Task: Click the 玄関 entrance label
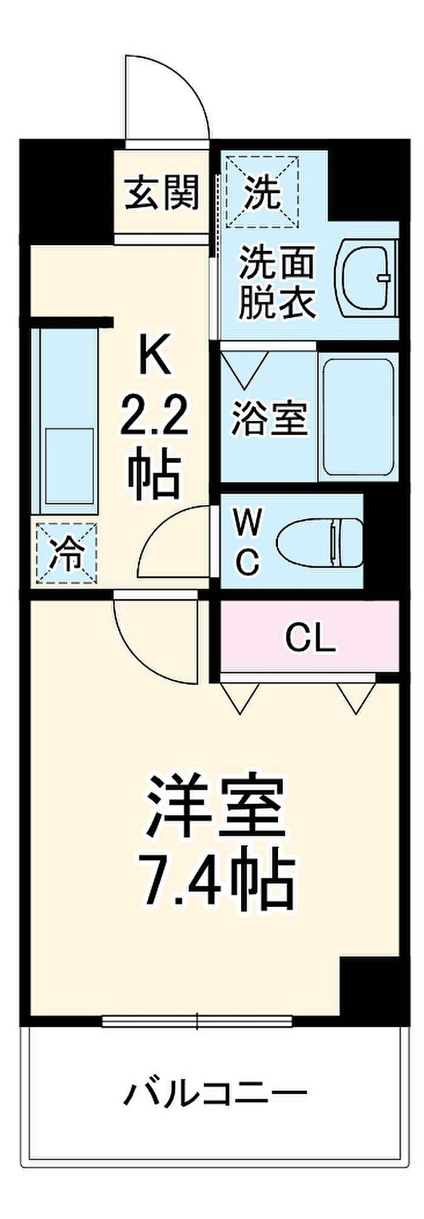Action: point(162,193)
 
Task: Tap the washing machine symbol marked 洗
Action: point(262,191)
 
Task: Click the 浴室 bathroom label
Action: point(270,417)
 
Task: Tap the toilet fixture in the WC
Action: point(318,541)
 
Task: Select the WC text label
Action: point(248,541)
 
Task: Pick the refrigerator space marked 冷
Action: point(66,554)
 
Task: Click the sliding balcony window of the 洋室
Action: point(197,1021)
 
